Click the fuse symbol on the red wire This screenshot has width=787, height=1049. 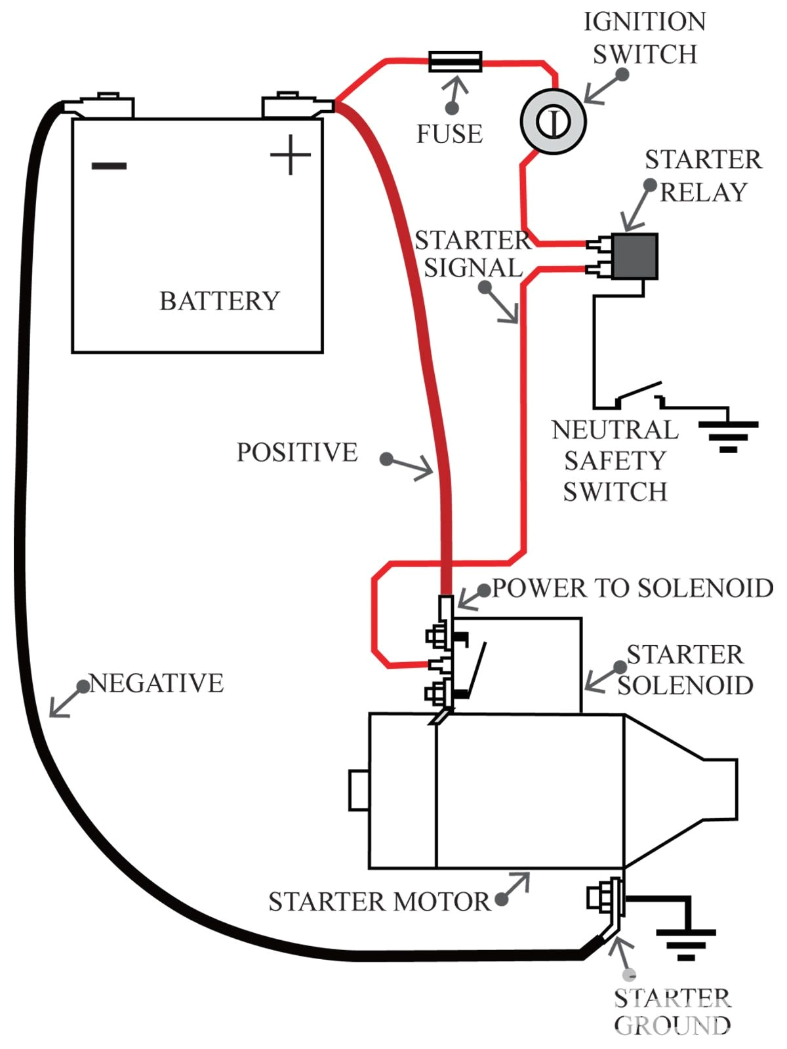point(455,62)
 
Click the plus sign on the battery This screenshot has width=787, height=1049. point(290,155)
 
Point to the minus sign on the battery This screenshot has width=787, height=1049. point(109,165)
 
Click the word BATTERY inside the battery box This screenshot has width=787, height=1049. point(220,301)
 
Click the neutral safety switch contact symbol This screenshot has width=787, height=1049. point(639,393)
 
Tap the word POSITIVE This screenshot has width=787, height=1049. point(297,452)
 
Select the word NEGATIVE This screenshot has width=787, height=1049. point(157,683)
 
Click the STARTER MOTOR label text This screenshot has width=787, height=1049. point(379,902)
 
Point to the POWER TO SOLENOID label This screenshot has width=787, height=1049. point(632,588)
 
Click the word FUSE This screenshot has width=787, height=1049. point(449,134)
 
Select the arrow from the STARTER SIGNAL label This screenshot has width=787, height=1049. point(502,306)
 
